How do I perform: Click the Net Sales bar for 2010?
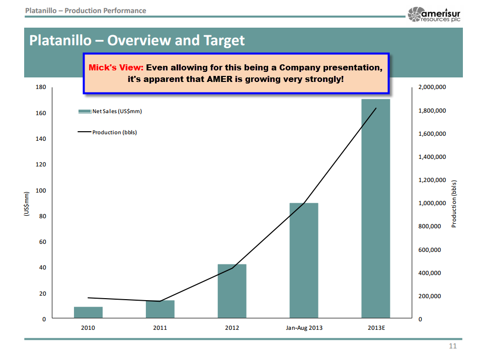tap(88, 313)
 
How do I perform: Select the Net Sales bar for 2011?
tap(160, 309)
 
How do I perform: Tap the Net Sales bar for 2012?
tap(232, 292)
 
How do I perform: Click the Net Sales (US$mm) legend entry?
tap(110, 111)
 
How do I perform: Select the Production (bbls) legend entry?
tap(107, 132)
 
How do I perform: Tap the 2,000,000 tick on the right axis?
tap(432, 87)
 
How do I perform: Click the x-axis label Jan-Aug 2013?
tap(304, 328)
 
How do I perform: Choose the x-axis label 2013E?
tap(376, 328)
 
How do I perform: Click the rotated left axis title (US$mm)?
tap(28, 204)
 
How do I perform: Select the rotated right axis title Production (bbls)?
tap(454, 204)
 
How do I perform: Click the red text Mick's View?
tap(116, 68)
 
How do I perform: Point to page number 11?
tap(452, 346)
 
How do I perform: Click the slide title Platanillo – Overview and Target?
tap(137, 40)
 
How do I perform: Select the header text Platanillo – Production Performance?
tap(86, 11)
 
